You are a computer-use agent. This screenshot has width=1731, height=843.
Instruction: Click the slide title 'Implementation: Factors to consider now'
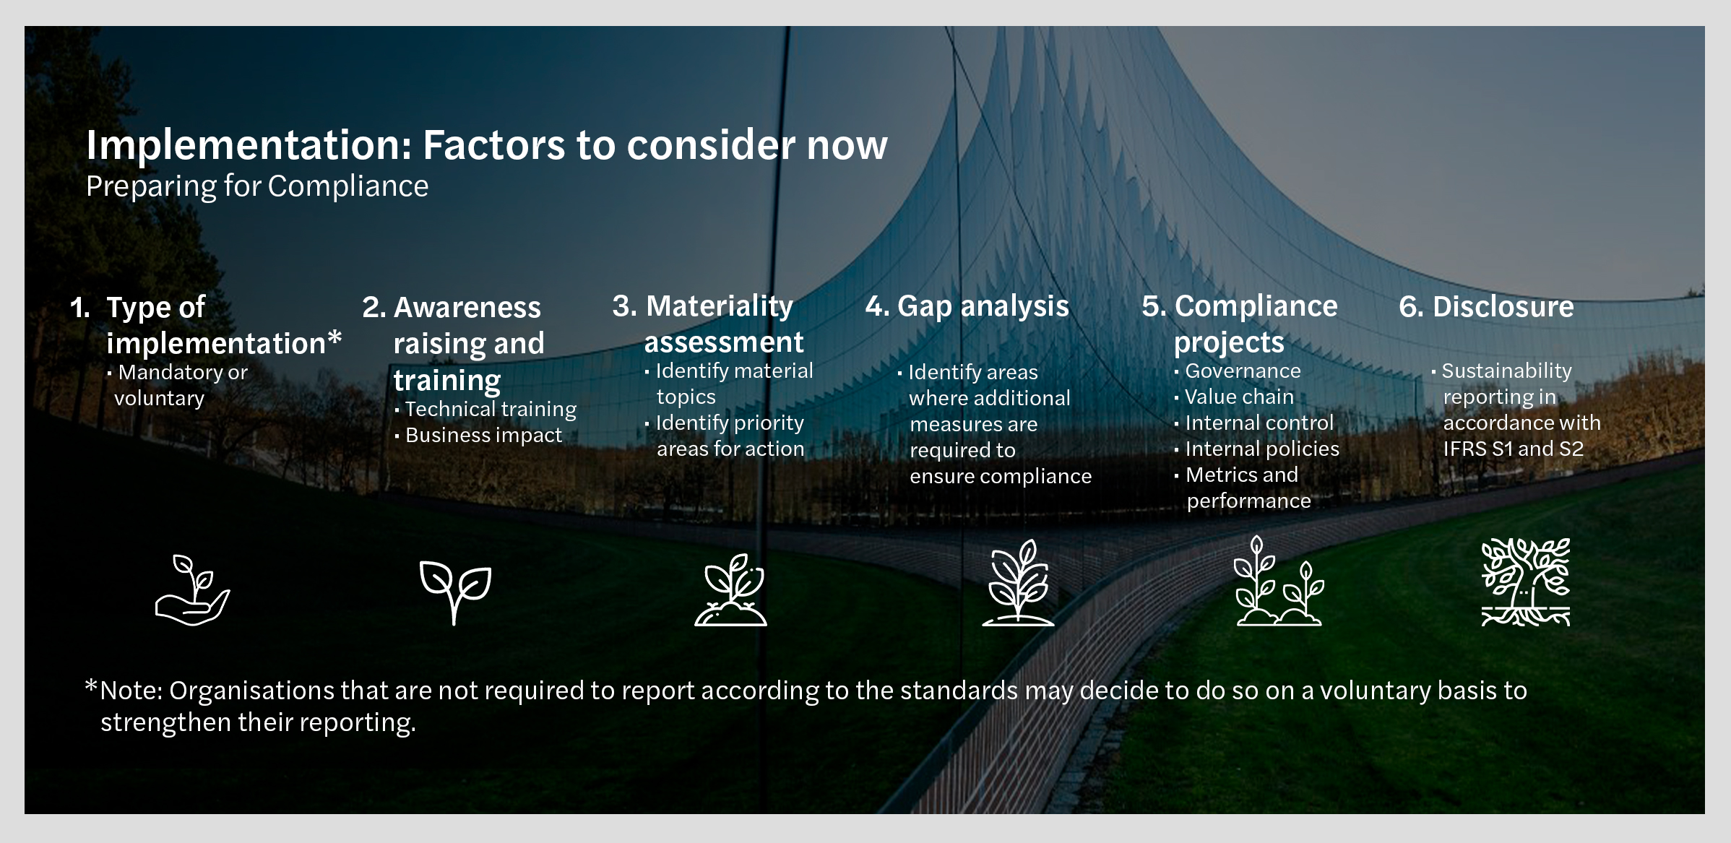coord(486,145)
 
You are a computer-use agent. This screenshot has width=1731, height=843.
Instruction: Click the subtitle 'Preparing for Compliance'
coord(257,186)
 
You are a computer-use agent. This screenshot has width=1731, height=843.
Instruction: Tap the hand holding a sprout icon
coord(192,589)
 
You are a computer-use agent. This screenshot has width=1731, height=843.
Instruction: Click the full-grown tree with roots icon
coord(1525,582)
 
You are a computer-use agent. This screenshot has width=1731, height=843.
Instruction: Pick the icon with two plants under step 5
coord(1278,582)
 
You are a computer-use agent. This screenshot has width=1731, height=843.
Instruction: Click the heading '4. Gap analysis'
coord(967,306)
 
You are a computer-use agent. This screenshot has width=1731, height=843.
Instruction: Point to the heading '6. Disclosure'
coord(1486,307)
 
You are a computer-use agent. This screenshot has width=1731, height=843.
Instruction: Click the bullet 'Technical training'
coord(490,410)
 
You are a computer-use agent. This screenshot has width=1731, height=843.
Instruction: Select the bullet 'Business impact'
coord(483,436)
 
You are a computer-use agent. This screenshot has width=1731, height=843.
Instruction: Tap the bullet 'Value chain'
coord(1238,397)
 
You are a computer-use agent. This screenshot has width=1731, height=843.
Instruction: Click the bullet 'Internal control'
coord(1259,423)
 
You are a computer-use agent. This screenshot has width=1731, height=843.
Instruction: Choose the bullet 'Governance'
coord(1242,371)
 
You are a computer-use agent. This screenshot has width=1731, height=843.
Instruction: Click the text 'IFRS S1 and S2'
coord(1513,449)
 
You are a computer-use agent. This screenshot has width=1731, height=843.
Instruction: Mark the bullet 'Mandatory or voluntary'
coord(181,385)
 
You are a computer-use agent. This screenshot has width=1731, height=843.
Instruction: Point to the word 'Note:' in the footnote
coord(131,691)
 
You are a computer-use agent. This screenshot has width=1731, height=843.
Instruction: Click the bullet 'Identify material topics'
coord(733,384)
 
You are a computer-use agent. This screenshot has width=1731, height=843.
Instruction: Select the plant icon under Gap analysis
coord(1018,582)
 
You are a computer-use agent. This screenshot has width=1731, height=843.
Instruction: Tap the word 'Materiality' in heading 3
coord(719,306)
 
